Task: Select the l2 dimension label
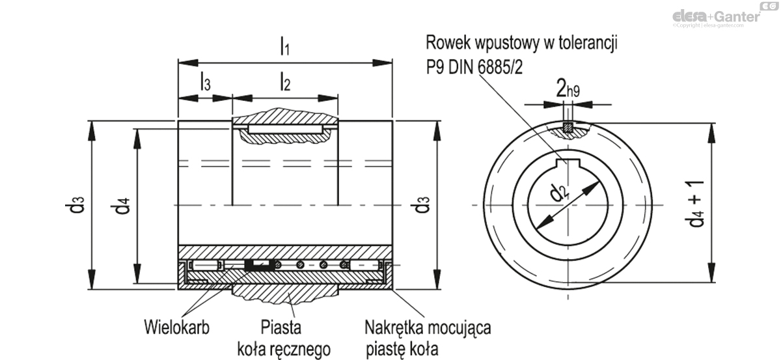pyautogui.click(x=285, y=82)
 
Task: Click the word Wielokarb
pyautogui.click(x=172, y=326)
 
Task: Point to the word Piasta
pyautogui.click(x=281, y=326)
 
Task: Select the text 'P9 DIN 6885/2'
pyautogui.click(x=474, y=68)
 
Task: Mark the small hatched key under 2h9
pyautogui.click(x=568, y=128)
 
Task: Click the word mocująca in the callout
pyautogui.click(x=463, y=326)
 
